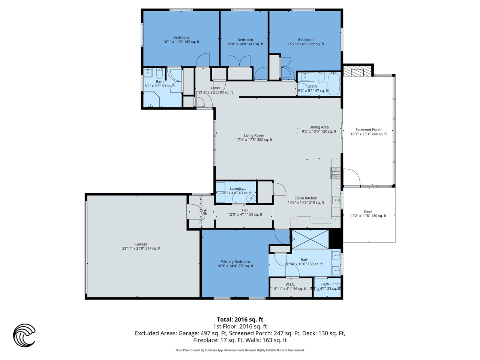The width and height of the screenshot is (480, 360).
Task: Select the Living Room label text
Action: [254, 135]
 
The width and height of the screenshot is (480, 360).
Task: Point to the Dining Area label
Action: [319, 127]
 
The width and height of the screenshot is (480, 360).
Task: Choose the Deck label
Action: [368, 211]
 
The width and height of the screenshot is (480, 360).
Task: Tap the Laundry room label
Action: [236, 189]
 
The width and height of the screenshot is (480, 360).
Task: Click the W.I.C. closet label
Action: [290, 284]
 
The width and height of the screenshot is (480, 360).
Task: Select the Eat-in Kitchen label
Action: [306, 198]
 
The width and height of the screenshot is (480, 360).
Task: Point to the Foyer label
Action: [216, 88]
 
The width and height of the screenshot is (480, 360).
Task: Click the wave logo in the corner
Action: [24, 335]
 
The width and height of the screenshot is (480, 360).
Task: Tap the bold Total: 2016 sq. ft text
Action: [240, 319]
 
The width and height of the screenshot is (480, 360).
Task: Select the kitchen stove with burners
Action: [335, 172]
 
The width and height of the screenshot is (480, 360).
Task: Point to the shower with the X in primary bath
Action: [310, 239]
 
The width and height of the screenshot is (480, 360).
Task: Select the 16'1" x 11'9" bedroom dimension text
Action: [181, 42]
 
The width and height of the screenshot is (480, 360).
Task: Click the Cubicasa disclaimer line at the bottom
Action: [240, 350]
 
